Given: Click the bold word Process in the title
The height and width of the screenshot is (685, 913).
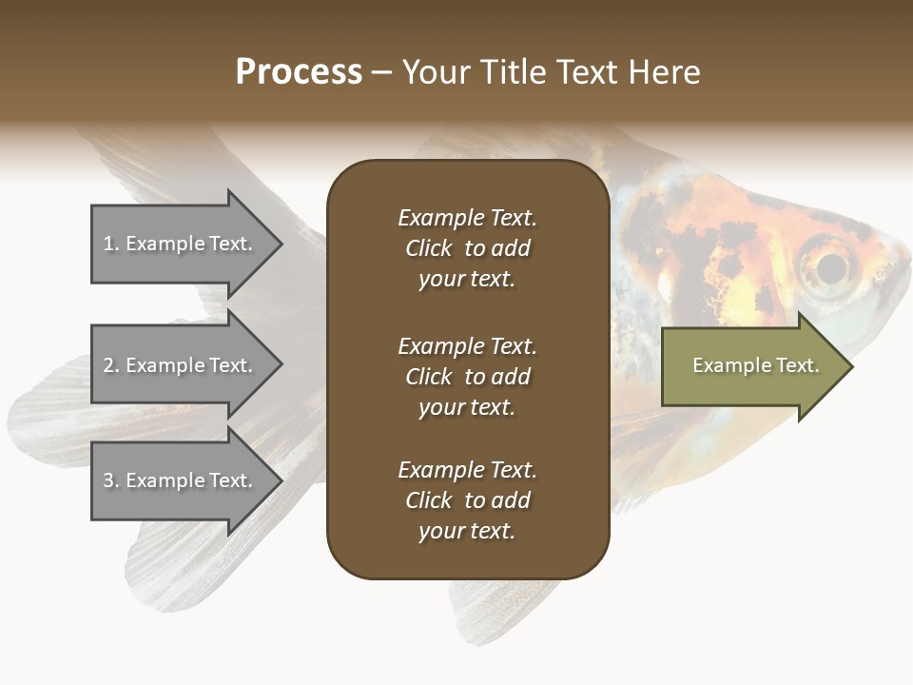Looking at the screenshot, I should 299,71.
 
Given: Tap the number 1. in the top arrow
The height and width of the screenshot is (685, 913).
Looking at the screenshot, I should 111,244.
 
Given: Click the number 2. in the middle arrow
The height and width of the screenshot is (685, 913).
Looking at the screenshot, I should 111,365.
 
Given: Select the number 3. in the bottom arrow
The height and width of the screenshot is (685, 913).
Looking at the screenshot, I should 111,480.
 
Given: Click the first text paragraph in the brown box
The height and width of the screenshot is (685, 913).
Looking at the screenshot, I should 467,248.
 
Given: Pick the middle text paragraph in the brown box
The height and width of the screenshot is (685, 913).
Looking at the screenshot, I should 467,377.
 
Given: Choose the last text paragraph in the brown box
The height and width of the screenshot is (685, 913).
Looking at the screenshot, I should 467,500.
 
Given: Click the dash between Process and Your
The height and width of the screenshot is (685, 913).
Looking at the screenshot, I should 382,72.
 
